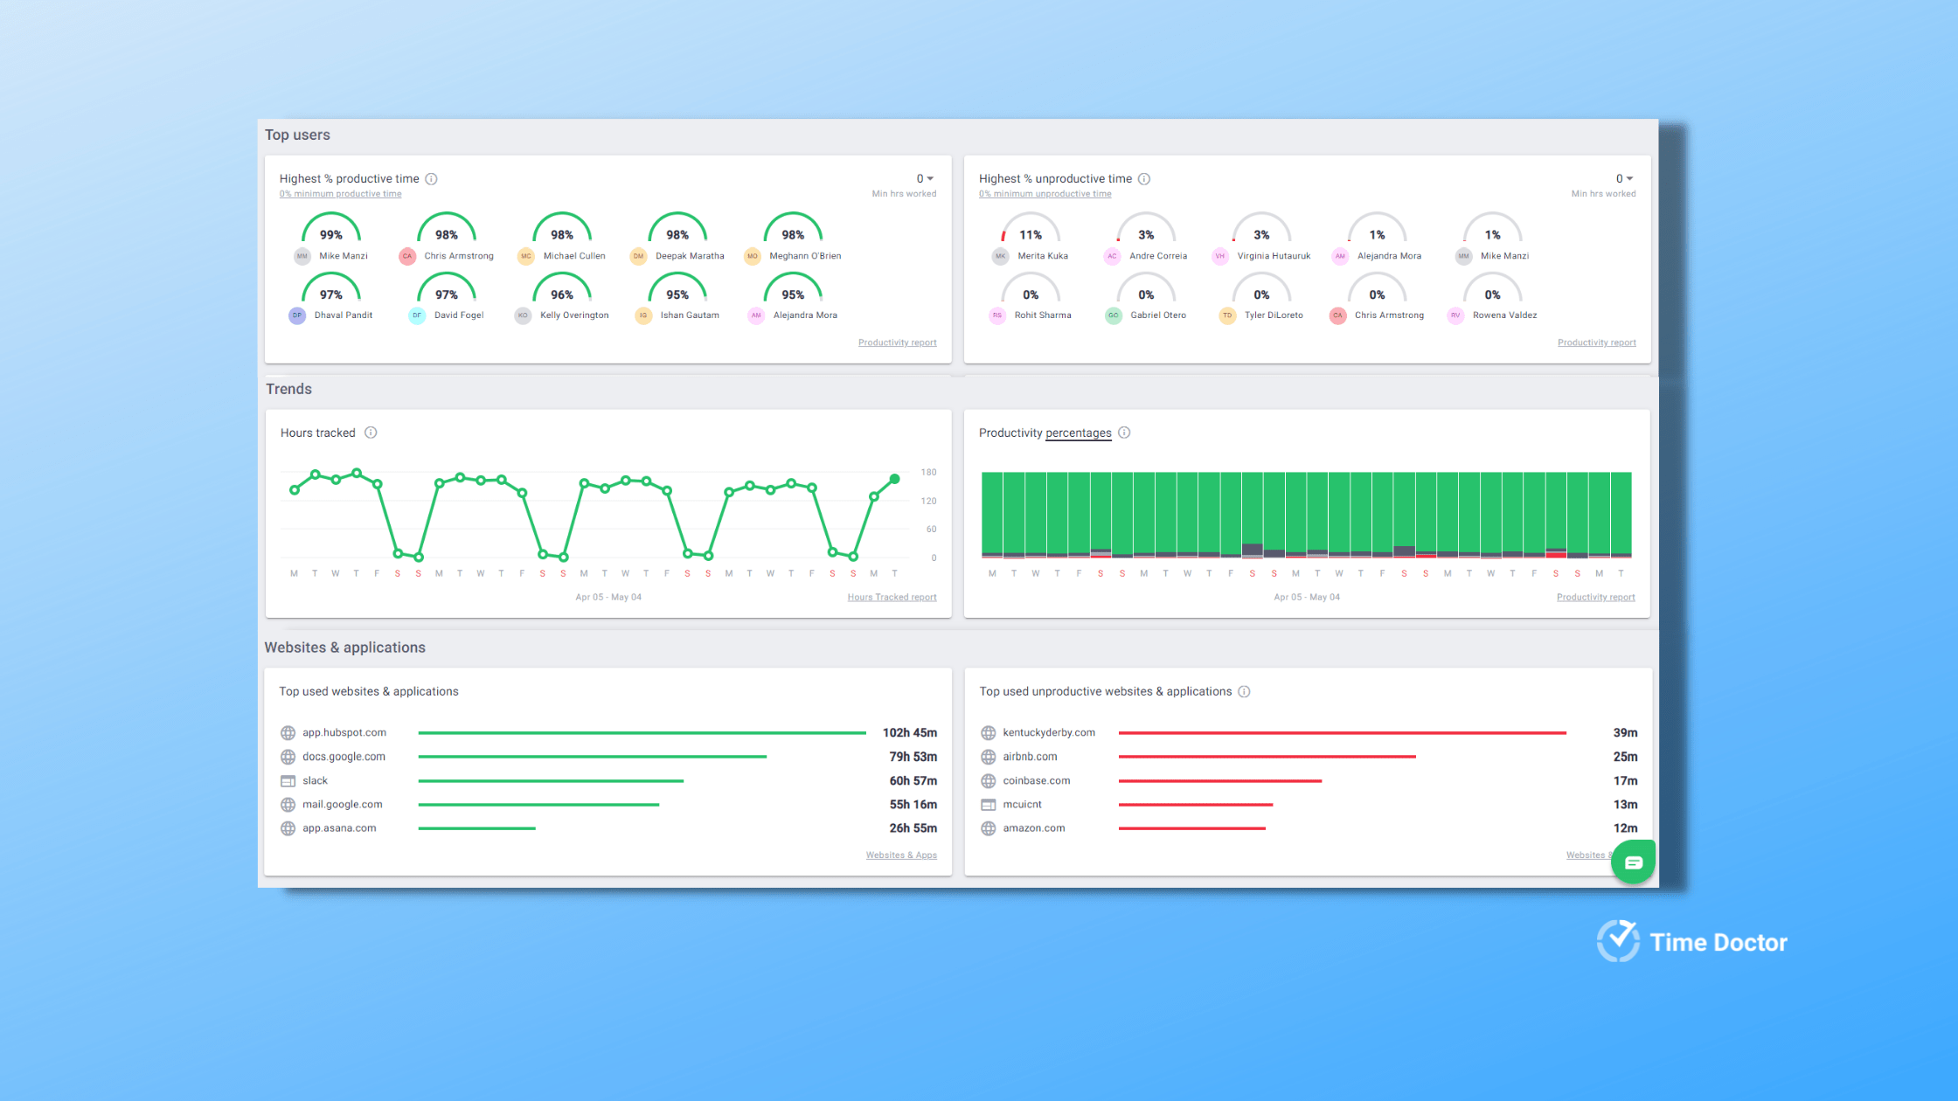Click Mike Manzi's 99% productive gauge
[x=330, y=230]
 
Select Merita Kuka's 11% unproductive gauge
[x=1030, y=230]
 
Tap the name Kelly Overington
[x=573, y=315]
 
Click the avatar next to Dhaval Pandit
[x=297, y=315]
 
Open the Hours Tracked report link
[x=892, y=598]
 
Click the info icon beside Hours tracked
[x=371, y=433]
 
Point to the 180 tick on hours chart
[x=928, y=473]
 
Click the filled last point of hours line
[x=894, y=479]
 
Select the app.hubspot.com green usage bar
[x=642, y=733]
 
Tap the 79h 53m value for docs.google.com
[x=913, y=757]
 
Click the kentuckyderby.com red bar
[x=1342, y=733]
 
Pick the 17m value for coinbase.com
[x=1625, y=781]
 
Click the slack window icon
[x=288, y=781]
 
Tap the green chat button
[x=1633, y=862]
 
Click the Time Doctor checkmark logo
[x=1618, y=941]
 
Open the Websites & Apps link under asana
[x=901, y=855]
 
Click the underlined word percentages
[x=1078, y=433]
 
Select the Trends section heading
[x=288, y=389]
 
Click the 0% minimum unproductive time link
[x=1045, y=194]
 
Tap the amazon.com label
[x=1033, y=828]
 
